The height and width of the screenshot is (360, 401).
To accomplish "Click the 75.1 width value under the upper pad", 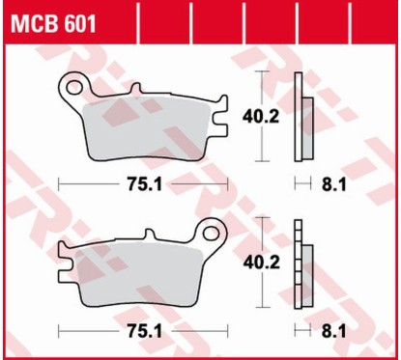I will point(142,183).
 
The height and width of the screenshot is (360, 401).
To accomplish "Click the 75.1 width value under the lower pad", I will point(142,329).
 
